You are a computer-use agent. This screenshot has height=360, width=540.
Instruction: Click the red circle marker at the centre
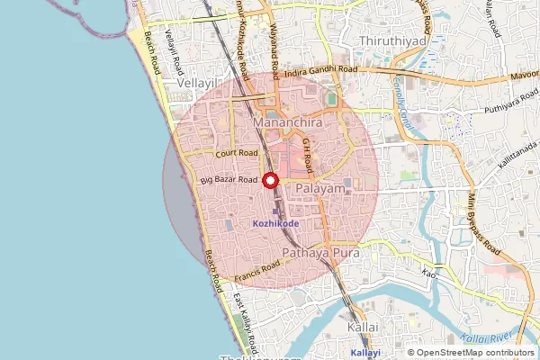(x=269, y=180)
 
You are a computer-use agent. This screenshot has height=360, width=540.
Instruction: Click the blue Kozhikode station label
(x=275, y=223)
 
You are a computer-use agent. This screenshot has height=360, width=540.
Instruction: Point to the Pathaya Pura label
(x=320, y=254)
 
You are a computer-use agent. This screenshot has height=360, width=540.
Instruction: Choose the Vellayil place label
(x=198, y=82)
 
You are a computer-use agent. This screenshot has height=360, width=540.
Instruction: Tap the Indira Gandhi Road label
(x=320, y=70)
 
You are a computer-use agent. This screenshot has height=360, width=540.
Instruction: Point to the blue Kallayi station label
(x=364, y=355)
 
